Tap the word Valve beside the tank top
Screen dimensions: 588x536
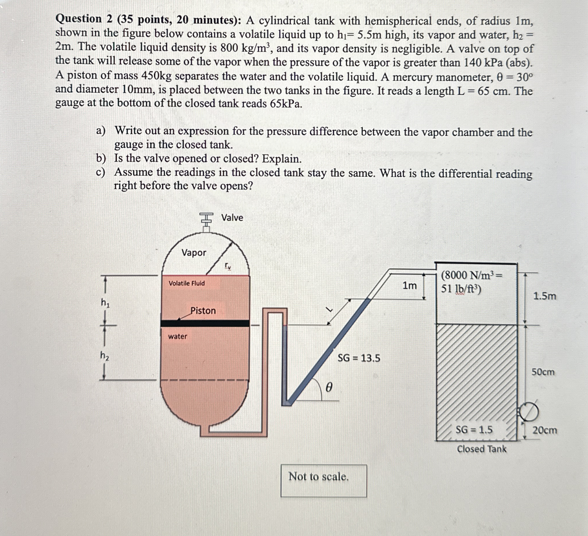click(232, 218)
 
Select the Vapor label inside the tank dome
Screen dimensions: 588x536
click(194, 252)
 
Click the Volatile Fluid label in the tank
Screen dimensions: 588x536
click(187, 283)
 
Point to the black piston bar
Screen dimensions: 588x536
click(205, 323)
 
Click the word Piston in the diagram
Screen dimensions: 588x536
click(203, 310)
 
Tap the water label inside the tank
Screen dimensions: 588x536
click(177, 336)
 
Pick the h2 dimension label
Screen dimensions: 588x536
click(105, 356)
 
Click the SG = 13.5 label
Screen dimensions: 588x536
click(359, 358)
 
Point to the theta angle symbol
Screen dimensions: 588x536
click(328, 388)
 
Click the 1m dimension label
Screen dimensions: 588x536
click(410, 286)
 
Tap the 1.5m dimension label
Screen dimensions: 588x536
click(545, 296)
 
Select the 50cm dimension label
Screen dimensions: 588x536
click(543, 372)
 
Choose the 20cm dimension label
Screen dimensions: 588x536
click(545, 430)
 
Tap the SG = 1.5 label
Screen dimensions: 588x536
click(474, 430)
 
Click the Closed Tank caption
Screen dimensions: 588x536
click(481, 449)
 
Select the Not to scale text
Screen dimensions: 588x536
click(319, 477)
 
